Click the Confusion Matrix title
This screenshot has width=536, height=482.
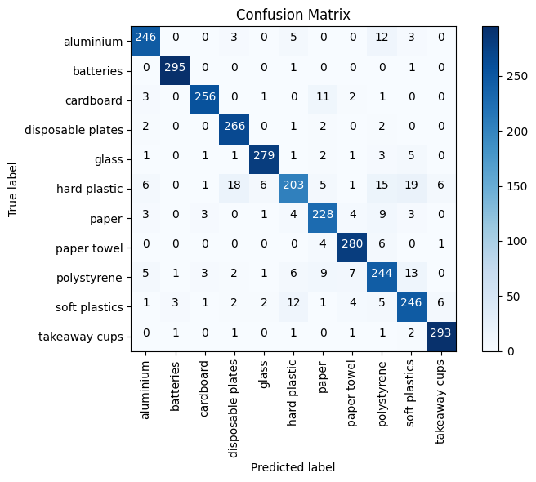click(293, 15)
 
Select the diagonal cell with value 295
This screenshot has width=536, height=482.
click(176, 70)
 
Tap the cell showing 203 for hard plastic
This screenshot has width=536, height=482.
click(293, 188)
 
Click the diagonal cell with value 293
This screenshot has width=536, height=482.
click(440, 336)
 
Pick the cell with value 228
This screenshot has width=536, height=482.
click(323, 218)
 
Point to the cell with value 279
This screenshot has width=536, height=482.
click(264, 158)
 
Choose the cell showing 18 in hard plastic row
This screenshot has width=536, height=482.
click(234, 188)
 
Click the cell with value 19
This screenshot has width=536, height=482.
click(411, 188)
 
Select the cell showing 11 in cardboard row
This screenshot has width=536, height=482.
click(323, 100)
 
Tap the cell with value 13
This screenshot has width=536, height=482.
click(411, 277)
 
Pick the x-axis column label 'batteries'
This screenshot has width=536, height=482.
click(176, 383)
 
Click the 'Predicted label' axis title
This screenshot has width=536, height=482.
click(293, 467)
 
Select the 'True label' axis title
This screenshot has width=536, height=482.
click(13, 189)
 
